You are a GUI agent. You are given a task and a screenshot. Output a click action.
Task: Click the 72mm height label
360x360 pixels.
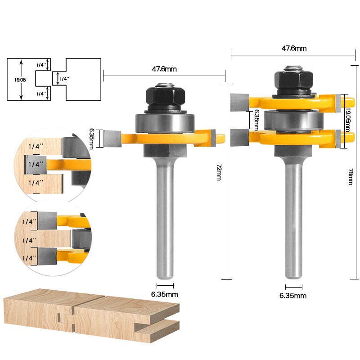(219, 172)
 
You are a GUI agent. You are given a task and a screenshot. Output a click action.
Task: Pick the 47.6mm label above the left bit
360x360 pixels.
(164, 69)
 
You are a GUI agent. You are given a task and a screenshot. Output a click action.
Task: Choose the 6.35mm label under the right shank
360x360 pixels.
(293, 296)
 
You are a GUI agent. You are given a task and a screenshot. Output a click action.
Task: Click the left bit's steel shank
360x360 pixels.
(165, 216)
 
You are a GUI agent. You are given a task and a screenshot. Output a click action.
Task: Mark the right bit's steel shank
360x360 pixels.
(292, 216)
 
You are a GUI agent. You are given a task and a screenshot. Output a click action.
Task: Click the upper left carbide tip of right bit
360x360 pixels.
(238, 102)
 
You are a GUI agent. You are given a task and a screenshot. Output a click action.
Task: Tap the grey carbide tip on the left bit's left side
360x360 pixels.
(111, 138)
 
